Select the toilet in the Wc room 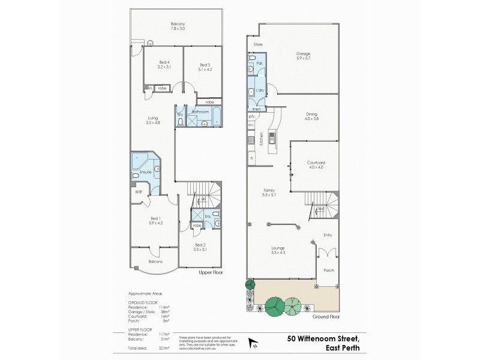click(180, 122)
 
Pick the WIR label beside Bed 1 click(138, 193)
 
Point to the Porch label click(328, 270)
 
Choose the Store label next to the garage click(258, 44)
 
